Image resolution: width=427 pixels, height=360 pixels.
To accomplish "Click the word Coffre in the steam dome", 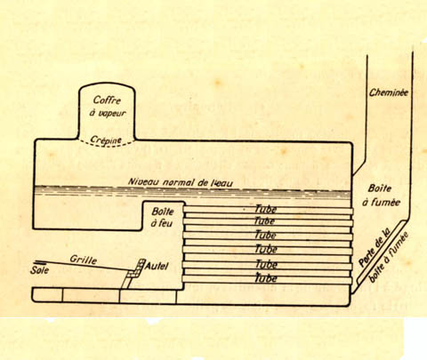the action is coord(107,100).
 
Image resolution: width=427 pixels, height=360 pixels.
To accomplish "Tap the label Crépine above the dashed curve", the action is coord(106,140).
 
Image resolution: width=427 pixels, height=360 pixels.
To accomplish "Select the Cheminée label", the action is coord(389,92).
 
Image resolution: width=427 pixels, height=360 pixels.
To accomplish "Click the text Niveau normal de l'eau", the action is coord(181,181).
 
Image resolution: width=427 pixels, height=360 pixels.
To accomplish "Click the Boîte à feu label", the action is coord(162,217).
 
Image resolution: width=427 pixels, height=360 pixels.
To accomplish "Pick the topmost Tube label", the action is coord(266,209).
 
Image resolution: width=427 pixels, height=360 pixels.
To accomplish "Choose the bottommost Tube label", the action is coord(266,278).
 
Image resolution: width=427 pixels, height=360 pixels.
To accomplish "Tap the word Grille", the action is coord(84,260).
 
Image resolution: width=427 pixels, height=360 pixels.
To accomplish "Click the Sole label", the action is coord(39,270).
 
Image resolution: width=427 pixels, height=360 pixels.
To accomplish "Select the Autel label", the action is coord(157,266).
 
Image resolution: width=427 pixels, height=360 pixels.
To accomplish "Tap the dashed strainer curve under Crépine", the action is coord(107,143).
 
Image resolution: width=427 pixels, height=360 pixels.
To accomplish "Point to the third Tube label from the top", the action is coord(266,235).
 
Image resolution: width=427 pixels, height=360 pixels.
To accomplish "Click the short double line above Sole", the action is coord(39,262).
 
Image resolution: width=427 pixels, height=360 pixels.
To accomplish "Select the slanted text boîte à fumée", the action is coord(390,257).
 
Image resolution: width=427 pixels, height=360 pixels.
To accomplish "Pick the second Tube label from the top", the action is coord(264,221).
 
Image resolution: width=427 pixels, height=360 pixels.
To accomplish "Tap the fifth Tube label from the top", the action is coord(266,264).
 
